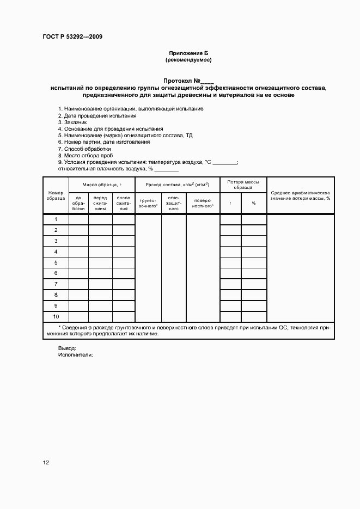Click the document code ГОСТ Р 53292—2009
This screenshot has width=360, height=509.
[72, 37]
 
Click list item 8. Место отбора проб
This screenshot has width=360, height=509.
[86, 155]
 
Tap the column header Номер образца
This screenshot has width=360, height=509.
[56, 195]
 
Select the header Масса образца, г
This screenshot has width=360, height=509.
[102, 185]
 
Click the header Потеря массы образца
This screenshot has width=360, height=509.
[243, 185]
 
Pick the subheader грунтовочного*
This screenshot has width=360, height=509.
[148, 204]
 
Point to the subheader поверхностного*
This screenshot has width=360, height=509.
[203, 204]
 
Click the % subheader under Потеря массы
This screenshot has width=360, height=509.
[254, 204]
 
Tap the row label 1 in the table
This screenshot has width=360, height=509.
[56, 219]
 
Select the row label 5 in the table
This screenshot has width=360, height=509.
[56, 262]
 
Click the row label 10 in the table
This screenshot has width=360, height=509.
[56, 316]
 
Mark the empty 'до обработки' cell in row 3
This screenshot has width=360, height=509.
[78, 241]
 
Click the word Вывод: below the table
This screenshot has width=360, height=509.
[67, 348]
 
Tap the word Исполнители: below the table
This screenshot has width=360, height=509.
[75, 354]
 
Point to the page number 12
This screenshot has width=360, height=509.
[46, 463]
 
